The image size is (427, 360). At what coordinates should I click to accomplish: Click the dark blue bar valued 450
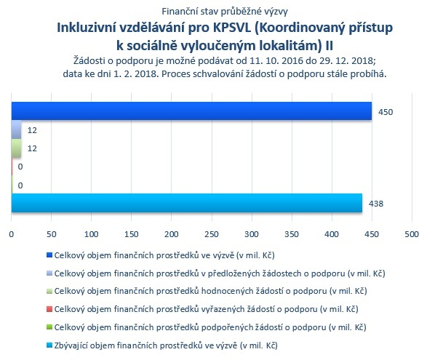pos(191,111)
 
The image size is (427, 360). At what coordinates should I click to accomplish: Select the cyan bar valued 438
pos(187,203)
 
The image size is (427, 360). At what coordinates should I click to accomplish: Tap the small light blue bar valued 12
pos(16,129)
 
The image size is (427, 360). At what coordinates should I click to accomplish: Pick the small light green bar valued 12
pos(16,148)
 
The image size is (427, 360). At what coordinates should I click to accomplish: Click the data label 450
pos(386,112)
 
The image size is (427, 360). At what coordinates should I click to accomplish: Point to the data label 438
pos(376,204)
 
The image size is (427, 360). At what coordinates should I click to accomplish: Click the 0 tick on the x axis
pos(11,234)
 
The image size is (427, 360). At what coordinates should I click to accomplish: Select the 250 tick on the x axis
pos(212,234)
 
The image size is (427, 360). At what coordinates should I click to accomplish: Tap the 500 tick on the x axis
pos(412,234)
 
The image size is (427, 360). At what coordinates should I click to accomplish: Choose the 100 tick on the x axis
pos(91,234)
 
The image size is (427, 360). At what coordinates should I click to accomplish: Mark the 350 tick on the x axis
pos(292,234)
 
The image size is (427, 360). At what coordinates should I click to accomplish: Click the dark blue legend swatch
pos(49,255)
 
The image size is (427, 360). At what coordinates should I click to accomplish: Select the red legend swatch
pos(49,309)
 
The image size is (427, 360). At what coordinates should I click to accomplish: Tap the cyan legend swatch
pos(49,345)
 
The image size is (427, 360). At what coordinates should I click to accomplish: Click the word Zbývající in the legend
pos(71,345)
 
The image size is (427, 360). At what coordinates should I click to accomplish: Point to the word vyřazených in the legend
pos(222,309)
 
